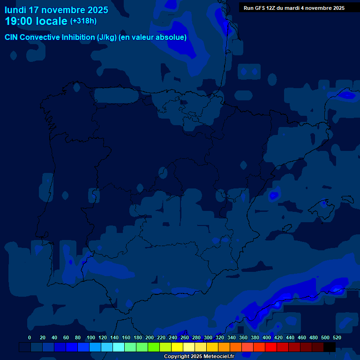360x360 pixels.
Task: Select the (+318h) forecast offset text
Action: [x=83, y=21]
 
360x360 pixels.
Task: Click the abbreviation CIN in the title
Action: [x=12, y=37]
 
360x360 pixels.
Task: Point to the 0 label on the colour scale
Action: [x=30, y=337]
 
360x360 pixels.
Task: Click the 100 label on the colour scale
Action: [x=91, y=337]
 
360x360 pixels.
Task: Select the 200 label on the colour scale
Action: [x=150, y=337]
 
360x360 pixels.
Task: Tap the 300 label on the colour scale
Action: [x=208, y=337]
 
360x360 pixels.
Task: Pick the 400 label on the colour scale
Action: [x=267, y=337]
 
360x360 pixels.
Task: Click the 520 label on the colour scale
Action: [x=337, y=337]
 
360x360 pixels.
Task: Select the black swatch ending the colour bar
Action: [x=330, y=347]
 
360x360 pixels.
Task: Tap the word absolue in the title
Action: [x=173, y=37]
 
